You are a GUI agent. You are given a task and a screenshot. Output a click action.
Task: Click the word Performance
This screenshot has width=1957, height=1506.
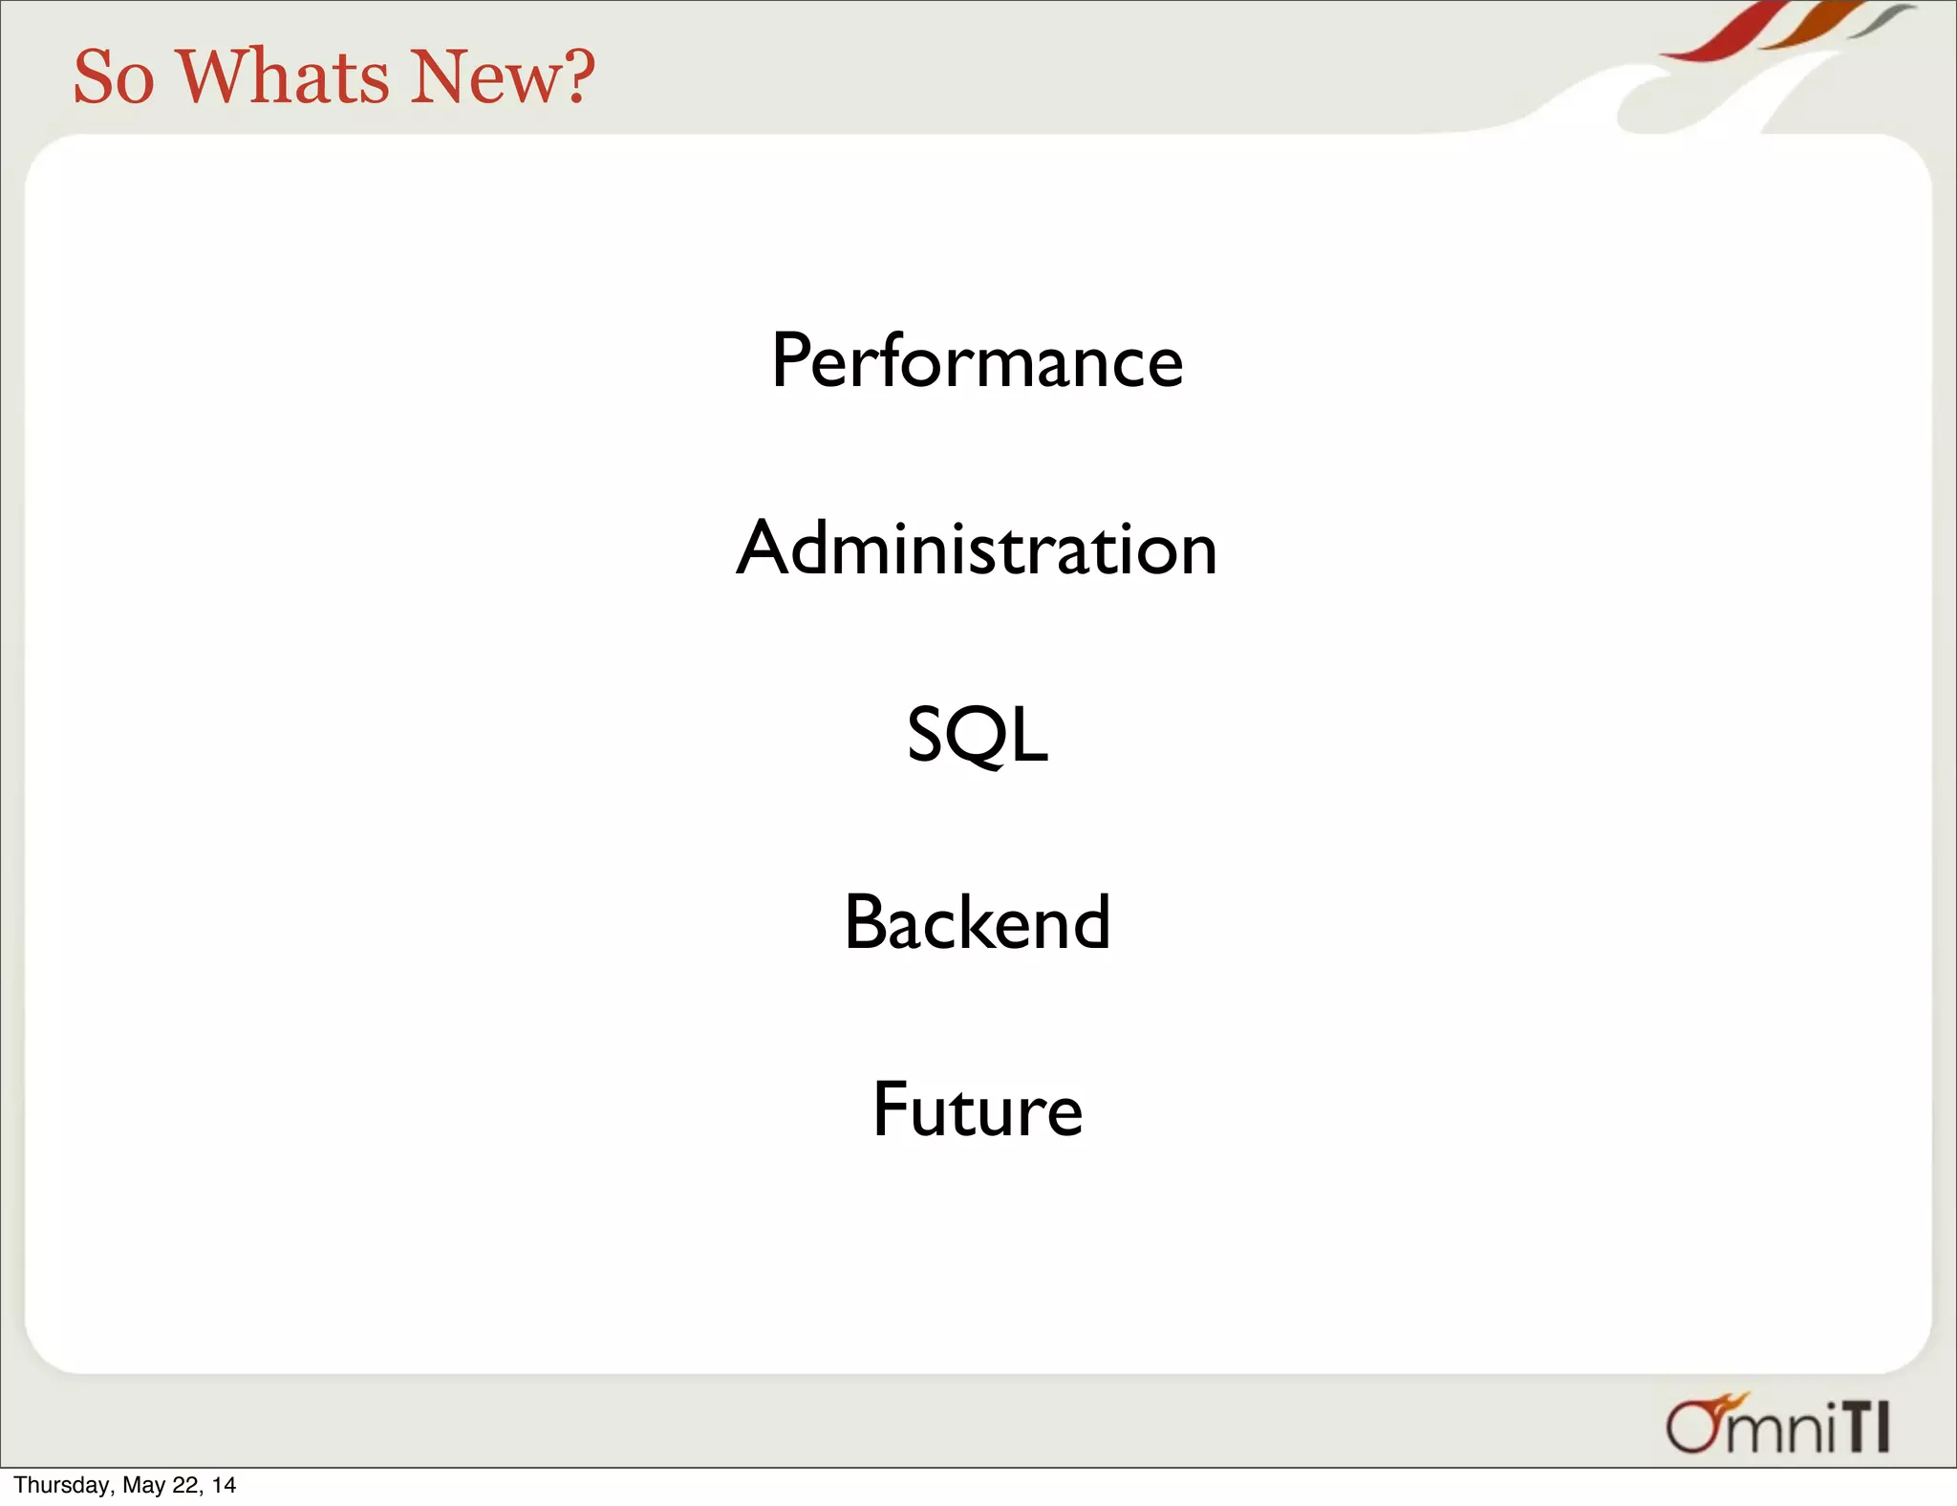(977, 361)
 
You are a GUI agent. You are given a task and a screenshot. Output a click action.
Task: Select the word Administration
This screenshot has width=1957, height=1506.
(977, 549)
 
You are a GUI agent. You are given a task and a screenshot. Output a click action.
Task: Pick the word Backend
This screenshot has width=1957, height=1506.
(977, 922)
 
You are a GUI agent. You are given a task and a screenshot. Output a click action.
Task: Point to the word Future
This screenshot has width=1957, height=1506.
(977, 1109)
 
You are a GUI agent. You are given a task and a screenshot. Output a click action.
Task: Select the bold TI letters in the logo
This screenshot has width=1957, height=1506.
(1867, 1428)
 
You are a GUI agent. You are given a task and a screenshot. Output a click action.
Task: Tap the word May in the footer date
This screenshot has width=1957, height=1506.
(143, 1485)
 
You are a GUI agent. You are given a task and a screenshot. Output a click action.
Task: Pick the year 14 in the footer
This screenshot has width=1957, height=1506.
(224, 1485)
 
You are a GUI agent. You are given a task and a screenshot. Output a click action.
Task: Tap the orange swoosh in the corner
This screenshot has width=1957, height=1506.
(1811, 26)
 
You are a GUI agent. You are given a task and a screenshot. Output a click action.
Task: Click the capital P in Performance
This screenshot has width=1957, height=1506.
(791, 361)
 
